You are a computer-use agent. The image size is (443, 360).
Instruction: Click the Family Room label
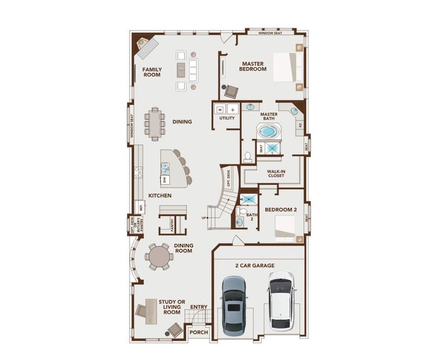point(152,73)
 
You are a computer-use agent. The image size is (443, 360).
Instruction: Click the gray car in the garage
point(233,306)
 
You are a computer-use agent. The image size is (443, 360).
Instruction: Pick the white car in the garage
point(280,300)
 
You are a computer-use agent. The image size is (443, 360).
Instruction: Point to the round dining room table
point(160,257)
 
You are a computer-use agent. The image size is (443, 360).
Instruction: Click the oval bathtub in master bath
point(268,131)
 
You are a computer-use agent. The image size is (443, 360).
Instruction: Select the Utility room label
point(227,118)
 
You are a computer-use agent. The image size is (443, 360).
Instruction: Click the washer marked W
point(220,110)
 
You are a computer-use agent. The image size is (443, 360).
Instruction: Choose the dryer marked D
point(232,110)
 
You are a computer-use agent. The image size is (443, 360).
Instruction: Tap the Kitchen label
point(160,196)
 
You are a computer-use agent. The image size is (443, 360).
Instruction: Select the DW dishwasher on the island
point(164,179)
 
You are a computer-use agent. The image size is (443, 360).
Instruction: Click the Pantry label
point(172,225)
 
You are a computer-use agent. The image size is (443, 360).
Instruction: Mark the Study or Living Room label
point(172,307)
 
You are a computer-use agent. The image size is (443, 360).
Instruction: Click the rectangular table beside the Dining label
point(155,124)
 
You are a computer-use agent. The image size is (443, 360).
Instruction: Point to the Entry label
point(199,307)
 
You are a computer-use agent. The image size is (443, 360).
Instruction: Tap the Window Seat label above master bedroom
point(271,34)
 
